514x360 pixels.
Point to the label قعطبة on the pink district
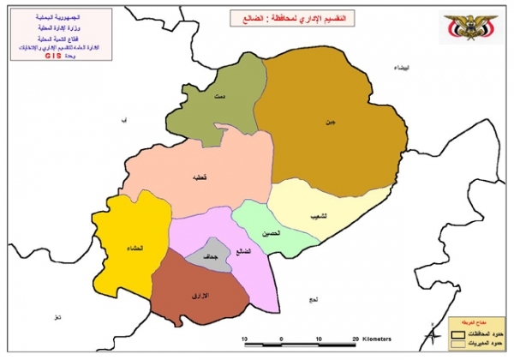198,177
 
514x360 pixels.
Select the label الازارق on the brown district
198,296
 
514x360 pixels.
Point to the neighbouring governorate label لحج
313,299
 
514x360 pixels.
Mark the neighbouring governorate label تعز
57,319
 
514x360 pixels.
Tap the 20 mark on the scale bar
355,339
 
